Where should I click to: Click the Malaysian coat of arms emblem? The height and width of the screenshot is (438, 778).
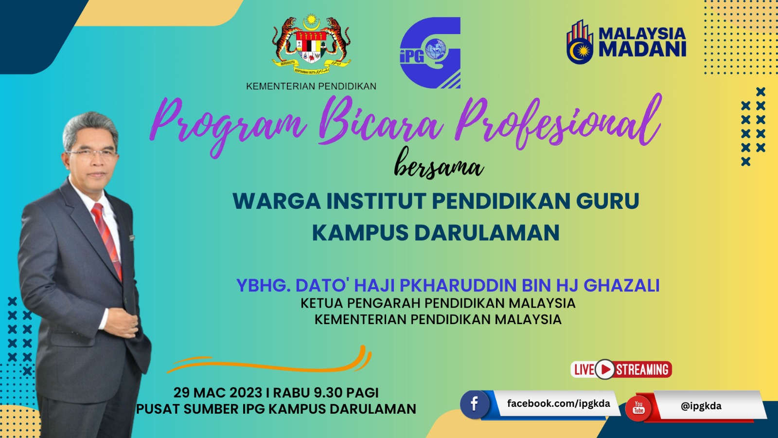click(x=311, y=44)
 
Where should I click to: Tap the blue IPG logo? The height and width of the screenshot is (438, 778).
click(x=430, y=53)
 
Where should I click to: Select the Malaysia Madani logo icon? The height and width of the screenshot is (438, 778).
click(x=580, y=42)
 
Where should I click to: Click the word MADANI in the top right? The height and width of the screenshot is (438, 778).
click(x=642, y=49)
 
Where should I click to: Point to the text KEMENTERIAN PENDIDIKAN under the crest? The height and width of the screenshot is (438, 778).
click(x=311, y=86)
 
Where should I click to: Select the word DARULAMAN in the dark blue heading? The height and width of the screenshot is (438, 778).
click(x=487, y=233)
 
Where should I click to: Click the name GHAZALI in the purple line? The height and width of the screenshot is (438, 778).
click(x=621, y=285)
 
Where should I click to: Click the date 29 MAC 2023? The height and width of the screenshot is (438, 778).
click(x=218, y=393)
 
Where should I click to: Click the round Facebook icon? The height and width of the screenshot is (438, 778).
click(x=475, y=404)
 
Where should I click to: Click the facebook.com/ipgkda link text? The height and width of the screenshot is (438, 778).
click(x=559, y=403)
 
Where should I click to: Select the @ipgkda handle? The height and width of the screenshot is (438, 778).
click(x=701, y=406)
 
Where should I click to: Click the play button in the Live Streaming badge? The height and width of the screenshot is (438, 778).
click(x=605, y=369)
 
